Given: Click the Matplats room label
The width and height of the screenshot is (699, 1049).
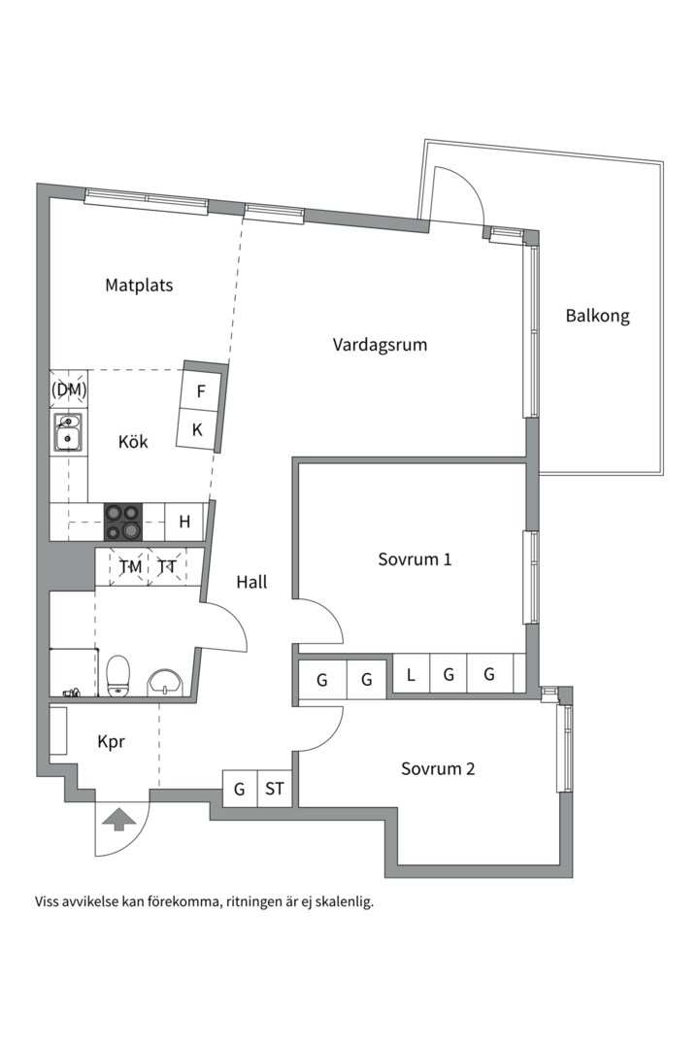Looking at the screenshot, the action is (139, 285).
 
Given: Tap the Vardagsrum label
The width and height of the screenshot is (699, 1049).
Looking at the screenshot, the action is (380, 345).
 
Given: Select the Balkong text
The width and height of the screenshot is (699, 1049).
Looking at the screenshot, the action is (597, 316).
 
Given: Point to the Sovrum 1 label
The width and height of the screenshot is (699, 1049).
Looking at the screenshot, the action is (415, 559).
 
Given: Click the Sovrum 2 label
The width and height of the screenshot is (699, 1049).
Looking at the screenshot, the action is (438, 768).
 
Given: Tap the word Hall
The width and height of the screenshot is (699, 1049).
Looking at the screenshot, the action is (251, 582).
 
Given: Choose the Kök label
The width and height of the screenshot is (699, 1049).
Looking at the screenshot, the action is (133, 442).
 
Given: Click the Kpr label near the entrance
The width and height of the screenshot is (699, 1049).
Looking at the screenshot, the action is (111, 742).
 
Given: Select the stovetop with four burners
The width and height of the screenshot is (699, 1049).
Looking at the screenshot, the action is (123, 522).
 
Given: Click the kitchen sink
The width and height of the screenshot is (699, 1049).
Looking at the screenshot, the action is (68, 433).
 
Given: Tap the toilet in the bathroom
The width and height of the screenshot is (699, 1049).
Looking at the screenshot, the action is (117, 676).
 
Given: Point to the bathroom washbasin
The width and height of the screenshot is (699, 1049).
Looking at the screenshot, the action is (163, 683).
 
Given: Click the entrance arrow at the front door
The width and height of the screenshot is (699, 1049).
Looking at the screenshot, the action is (118, 819).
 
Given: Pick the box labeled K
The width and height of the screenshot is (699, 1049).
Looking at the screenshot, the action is (196, 429).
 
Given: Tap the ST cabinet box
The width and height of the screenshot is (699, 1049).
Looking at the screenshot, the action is (274, 789).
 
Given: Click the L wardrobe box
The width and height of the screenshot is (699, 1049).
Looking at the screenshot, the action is (411, 674).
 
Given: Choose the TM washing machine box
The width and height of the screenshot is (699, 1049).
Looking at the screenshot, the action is (130, 567).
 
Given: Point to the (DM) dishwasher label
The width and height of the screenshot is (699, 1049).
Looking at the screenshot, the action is (69, 389).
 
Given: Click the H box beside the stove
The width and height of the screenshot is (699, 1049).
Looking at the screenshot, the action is (184, 522).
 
